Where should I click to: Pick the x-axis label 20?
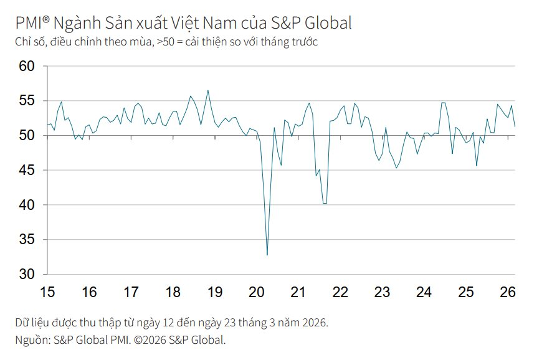pos(256,292)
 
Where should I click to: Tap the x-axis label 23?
pos(382,292)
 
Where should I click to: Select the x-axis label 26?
pos(508,292)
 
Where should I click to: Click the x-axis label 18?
pos(173,292)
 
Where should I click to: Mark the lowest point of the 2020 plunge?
pos(267,255)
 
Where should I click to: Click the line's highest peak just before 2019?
pos(208,90)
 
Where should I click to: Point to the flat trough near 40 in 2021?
pos(325,203)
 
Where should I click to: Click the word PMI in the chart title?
pos(29,24)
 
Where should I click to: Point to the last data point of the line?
pos(515,126)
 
